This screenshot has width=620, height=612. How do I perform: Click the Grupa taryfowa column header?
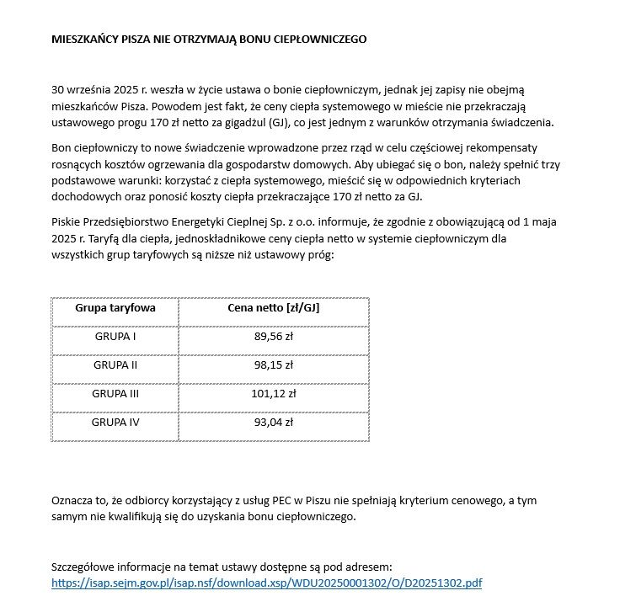click(115, 308)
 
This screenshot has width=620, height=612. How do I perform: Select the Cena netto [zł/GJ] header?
click(274, 308)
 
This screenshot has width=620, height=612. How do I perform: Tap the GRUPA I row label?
click(115, 338)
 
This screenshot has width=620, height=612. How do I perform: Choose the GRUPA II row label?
click(115, 366)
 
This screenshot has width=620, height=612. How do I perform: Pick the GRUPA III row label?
click(115, 394)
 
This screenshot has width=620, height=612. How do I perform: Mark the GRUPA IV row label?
click(115, 423)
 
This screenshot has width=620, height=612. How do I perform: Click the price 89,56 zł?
click(274, 338)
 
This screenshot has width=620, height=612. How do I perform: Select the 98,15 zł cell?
click(274, 366)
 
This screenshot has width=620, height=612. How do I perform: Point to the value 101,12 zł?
click(274, 394)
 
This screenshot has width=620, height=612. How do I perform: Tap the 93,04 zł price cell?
click(274, 423)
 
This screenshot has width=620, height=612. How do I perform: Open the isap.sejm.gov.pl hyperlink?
click(266, 583)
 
